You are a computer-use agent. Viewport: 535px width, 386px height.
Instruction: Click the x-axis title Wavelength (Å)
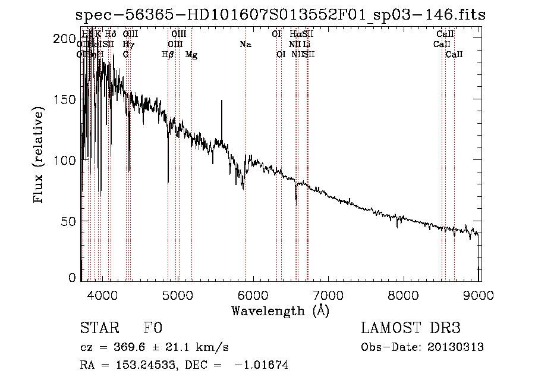[281, 310]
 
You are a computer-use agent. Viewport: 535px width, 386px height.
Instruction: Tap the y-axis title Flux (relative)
[40, 156]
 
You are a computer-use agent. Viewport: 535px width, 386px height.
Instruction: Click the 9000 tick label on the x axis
[479, 294]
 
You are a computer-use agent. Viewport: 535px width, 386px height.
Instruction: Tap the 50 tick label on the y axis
[69, 221]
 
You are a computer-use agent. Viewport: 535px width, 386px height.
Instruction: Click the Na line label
[246, 44]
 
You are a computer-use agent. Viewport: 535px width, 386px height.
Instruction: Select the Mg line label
[191, 55]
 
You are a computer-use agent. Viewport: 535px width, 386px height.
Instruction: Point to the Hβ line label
[168, 55]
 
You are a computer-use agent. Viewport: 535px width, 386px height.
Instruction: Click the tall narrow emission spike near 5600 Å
[222, 102]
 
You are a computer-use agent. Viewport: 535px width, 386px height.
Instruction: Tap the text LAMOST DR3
[410, 329]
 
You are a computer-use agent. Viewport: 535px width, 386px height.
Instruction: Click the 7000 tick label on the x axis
[329, 294]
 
